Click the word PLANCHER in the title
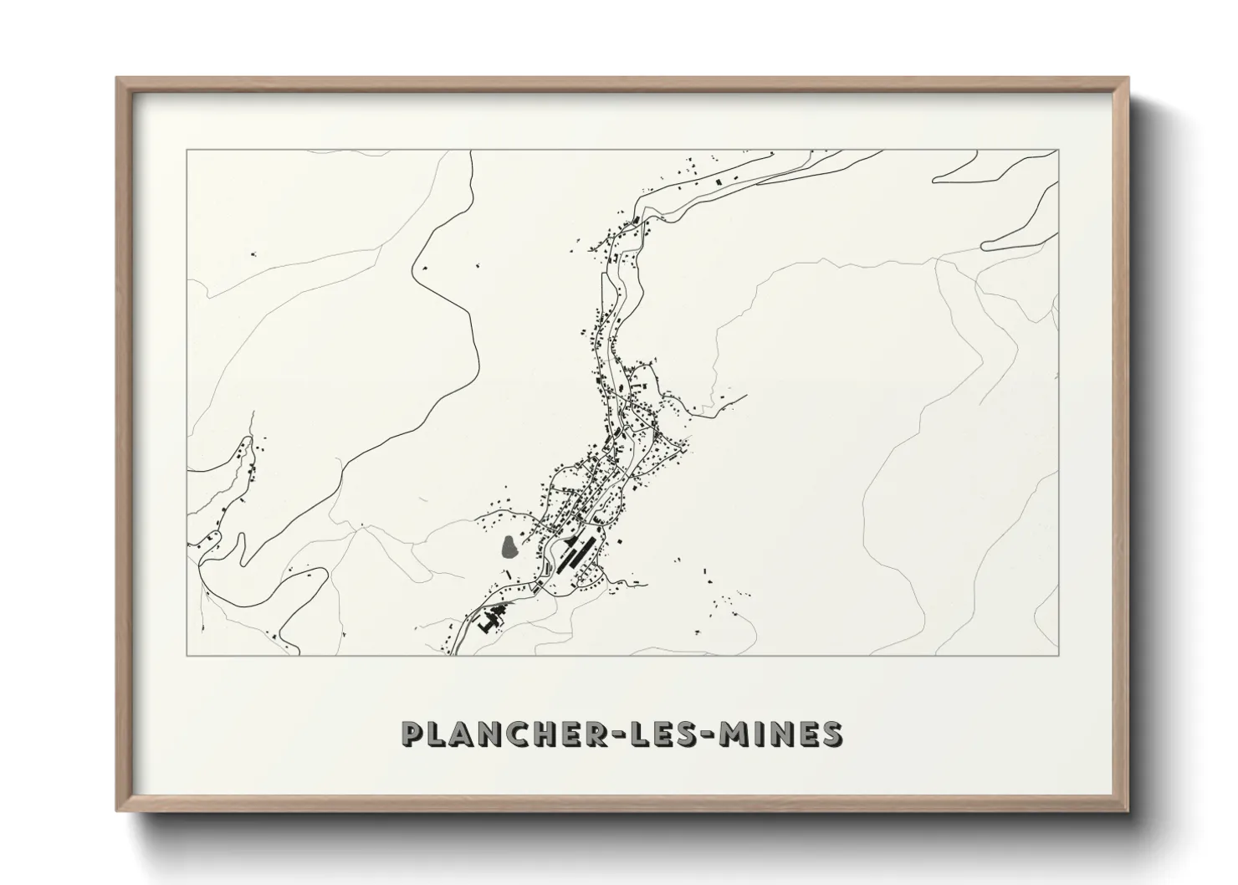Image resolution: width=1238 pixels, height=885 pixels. click(506, 734)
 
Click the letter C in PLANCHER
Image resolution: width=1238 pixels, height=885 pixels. click(524, 734)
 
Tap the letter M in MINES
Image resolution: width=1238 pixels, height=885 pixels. click(737, 734)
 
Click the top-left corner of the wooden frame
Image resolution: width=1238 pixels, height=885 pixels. click(118, 79)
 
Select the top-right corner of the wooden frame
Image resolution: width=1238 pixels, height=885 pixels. click(1128, 79)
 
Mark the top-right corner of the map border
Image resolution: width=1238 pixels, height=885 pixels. click(1058, 151)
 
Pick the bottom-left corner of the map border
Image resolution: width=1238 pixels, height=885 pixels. click(187, 655)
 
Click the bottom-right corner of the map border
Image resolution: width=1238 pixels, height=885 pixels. click(1058, 655)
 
